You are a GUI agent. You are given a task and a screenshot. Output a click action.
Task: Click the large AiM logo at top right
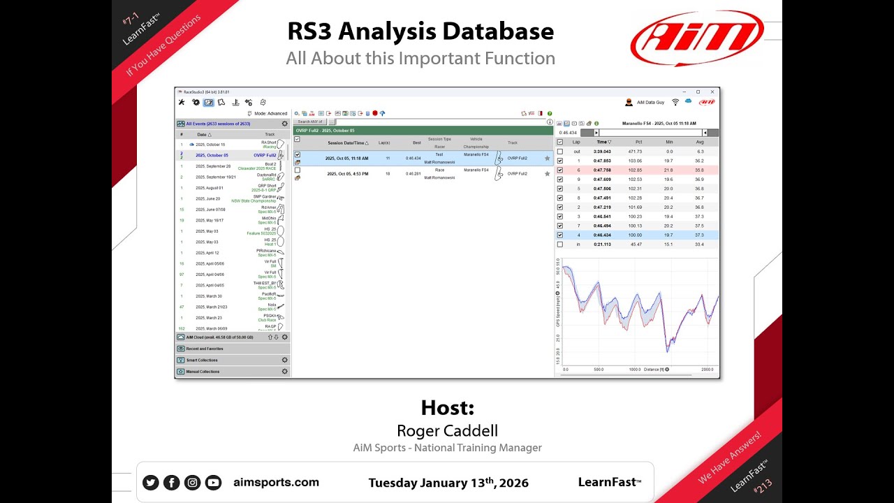pos(697,38)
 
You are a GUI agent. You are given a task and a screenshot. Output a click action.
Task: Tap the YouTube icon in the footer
pos(213,482)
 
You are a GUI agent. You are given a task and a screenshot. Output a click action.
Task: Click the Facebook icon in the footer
pos(171,482)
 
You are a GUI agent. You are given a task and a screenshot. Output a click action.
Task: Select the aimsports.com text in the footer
pos(276,482)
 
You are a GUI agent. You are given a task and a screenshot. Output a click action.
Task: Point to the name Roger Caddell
pos(447,430)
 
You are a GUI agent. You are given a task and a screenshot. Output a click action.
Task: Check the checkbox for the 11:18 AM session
pos(298,155)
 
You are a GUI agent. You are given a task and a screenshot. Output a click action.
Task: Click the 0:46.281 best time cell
pos(413,173)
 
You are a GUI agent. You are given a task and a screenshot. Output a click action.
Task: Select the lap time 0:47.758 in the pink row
pos(601,170)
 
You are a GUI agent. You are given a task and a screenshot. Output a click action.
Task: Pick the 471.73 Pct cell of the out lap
pos(635,151)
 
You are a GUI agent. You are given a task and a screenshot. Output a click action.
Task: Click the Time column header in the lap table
pos(601,142)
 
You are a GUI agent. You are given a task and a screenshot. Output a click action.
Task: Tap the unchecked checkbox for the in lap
pos(560,245)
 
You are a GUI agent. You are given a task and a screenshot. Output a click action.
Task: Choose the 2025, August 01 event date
pos(210,188)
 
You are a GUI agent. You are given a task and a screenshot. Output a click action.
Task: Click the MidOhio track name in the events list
pos(268,218)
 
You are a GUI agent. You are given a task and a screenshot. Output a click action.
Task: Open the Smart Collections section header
pos(202,360)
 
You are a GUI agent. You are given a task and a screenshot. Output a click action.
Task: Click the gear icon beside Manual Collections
pos(285,372)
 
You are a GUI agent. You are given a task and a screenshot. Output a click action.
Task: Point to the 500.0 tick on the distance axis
pos(599,370)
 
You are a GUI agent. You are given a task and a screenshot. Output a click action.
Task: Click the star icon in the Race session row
pos(548,173)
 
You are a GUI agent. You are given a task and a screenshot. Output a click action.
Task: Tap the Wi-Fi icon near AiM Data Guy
pos(675,102)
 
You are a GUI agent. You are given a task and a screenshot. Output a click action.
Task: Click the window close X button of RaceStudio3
pos(712,92)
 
